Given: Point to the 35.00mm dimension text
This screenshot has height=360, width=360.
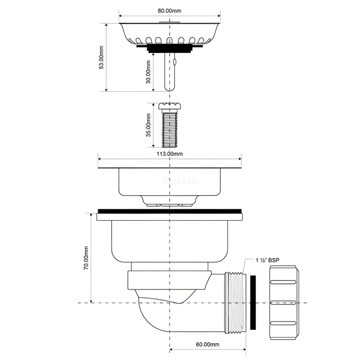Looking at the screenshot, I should (148, 125).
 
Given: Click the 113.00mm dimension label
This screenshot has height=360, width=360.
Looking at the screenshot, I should (169, 154).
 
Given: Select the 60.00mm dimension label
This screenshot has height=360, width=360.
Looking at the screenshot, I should (207, 344).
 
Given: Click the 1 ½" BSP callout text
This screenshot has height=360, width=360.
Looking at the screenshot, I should (267, 260).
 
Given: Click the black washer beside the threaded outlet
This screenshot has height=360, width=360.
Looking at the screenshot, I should (253, 302).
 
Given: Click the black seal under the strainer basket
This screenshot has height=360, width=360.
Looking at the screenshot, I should (168, 47).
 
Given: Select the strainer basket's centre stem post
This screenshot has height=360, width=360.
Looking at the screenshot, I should (168, 72).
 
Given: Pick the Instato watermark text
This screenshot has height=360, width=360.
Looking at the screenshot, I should (180, 181).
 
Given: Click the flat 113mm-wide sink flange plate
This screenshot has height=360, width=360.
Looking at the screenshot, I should (169, 167).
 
